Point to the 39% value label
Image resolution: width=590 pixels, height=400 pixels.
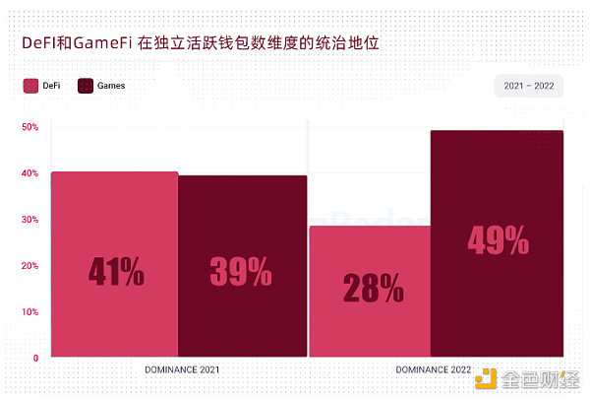(x=241, y=271)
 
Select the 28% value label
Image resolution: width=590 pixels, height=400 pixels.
(x=373, y=288)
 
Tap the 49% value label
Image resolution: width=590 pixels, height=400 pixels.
(x=499, y=240)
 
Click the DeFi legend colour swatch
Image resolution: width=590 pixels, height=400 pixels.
(x=30, y=86)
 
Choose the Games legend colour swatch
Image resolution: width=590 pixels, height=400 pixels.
(x=86, y=86)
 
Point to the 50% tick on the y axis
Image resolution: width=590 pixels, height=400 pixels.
(x=29, y=127)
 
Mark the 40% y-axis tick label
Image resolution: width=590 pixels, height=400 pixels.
(x=29, y=173)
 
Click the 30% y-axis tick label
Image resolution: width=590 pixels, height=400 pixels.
(x=29, y=220)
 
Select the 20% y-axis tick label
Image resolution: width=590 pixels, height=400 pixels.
(x=29, y=266)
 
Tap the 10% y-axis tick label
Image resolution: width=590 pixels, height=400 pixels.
(x=29, y=312)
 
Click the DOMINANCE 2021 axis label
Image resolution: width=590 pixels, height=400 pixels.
(x=181, y=370)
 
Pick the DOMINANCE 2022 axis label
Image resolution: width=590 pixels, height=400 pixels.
(x=433, y=370)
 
